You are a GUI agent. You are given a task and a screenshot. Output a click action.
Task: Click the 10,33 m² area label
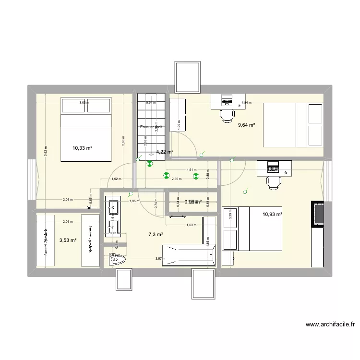pos(82,148)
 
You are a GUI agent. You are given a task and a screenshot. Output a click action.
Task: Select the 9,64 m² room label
pos(246,125)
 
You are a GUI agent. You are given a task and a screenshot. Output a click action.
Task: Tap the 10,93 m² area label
pos(272,214)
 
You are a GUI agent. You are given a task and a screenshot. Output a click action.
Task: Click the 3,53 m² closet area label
pos(68,240)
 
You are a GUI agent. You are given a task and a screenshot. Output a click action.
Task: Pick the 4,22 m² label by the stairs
pos(164,152)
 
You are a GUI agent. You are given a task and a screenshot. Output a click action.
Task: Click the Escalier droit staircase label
pos(151,127)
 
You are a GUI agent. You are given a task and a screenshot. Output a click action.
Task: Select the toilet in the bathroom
pos(117,260)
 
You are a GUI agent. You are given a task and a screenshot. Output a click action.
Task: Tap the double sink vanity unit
pos(113,218)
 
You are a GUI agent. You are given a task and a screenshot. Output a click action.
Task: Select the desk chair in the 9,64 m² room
pos(227,115)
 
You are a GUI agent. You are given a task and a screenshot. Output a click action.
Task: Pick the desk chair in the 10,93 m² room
pos(274,182)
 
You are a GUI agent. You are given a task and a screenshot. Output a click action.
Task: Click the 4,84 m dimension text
pos(246,103)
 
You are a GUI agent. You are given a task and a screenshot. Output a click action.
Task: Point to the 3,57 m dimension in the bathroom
pos(160,259)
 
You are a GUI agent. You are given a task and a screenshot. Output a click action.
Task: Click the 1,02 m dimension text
pos(116,179)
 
